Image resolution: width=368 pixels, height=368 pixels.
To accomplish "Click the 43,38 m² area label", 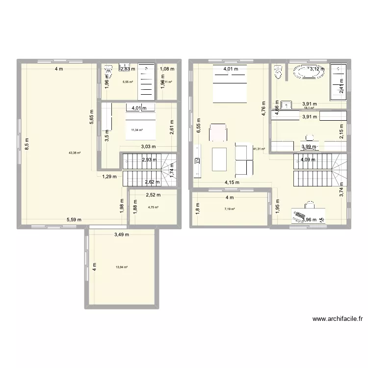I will coord(75,153).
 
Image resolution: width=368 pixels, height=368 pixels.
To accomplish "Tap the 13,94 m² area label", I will coord(122,267).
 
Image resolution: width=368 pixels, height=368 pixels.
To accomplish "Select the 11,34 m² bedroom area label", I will coord(136,130).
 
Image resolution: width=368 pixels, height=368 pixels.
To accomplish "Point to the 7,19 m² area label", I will coord(230,209).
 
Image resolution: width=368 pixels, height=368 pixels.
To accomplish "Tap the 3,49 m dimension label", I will coord(122,235).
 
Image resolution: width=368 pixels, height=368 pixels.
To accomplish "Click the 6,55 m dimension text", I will coord(199,128).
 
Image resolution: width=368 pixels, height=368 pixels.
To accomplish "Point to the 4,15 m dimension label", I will coord(232,183).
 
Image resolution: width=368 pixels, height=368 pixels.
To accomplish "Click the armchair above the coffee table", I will coord(218,132).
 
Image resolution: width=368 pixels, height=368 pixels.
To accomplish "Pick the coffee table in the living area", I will coord(219,158).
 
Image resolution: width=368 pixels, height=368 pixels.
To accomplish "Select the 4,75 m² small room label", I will coord(153,207).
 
